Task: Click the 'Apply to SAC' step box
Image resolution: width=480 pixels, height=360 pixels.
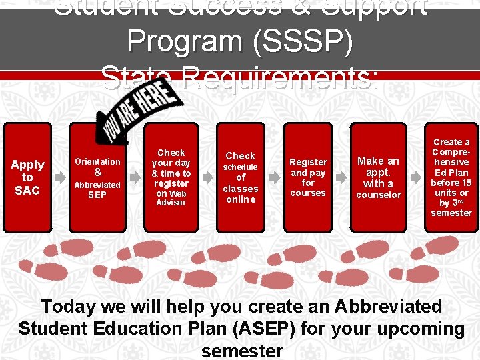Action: pos(27,177)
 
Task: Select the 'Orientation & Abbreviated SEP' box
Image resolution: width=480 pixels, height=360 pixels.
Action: pos(97,177)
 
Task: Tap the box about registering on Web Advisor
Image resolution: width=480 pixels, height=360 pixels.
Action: pos(171,177)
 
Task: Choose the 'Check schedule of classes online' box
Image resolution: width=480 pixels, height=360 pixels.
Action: pos(240,177)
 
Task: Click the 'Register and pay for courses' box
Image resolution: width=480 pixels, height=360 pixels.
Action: pos(308,177)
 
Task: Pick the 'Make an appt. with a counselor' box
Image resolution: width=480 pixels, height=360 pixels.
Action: pos(379,177)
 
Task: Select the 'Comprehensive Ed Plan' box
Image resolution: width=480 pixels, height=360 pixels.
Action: pos(451,177)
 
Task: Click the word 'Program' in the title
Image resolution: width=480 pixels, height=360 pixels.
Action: pos(186,42)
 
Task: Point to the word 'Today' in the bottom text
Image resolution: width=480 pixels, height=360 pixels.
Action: pos(67,307)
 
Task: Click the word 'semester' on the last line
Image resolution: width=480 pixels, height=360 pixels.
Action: pos(241,351)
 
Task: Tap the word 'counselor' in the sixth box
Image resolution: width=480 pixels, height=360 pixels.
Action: pos(379,195)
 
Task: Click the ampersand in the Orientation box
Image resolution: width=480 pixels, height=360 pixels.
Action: pos(97,173)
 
